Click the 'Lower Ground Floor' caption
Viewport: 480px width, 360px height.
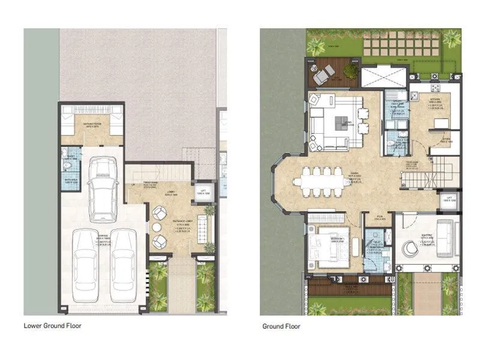(x=52, y=326)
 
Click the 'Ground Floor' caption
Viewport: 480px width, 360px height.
(x=281, y=326)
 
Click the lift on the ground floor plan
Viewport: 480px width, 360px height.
(x=449, y=200)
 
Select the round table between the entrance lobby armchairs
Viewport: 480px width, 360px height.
(x=158, y=227)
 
